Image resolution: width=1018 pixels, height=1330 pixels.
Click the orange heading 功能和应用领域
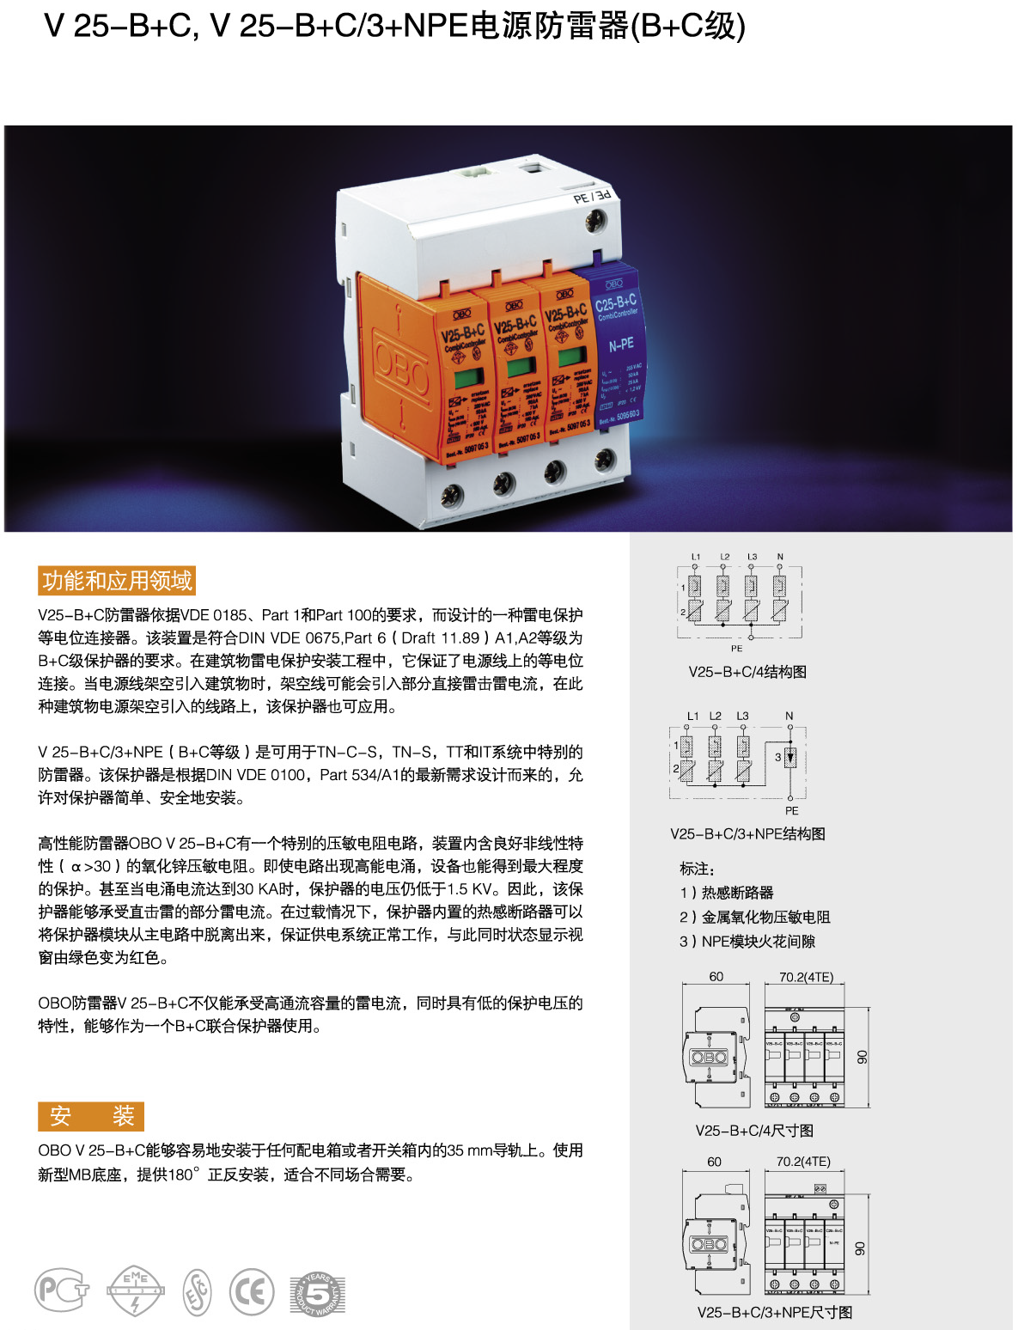pyautogui.click(x=117, y=581)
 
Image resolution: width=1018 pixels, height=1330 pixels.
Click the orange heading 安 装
pyautogui.click(x=91, y=1116)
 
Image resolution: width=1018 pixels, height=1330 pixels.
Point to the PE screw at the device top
pyautogui.click(x=595, y=223)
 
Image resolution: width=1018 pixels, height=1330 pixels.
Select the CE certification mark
pyautogui.click(x=252, y=1291)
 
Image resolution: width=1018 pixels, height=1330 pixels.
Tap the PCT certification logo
pyautogui.click(x=61, y=1290)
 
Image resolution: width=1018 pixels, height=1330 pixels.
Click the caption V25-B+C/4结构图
pyautogui.click(x=747, y=672)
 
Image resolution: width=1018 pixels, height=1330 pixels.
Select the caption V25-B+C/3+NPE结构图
pyautogui.click(x=747, y=833)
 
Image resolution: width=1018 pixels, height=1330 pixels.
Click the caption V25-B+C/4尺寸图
pyautogui.click(x=754, y=1131)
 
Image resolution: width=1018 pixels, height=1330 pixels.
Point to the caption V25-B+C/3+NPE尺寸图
pyautogui.click(x=774, y=1312)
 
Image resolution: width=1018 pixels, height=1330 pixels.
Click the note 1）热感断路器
pyautogui.click(x=727, y=893)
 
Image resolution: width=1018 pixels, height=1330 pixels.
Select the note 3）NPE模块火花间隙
pyautogui.click(x=747, y=941)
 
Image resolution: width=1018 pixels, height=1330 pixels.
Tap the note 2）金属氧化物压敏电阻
pyautogui.click(x=755, y=917)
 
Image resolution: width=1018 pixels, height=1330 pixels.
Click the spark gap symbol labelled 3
pyautogui.click(x=790, y=757)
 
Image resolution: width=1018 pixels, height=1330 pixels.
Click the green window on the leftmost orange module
pyautogui.click(x=468, y=378)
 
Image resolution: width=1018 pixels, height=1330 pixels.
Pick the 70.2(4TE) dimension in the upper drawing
pyautogui.click(x=806, y=977)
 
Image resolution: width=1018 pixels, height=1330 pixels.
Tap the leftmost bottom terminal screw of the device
pyautogui.click(x=451, y=494)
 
